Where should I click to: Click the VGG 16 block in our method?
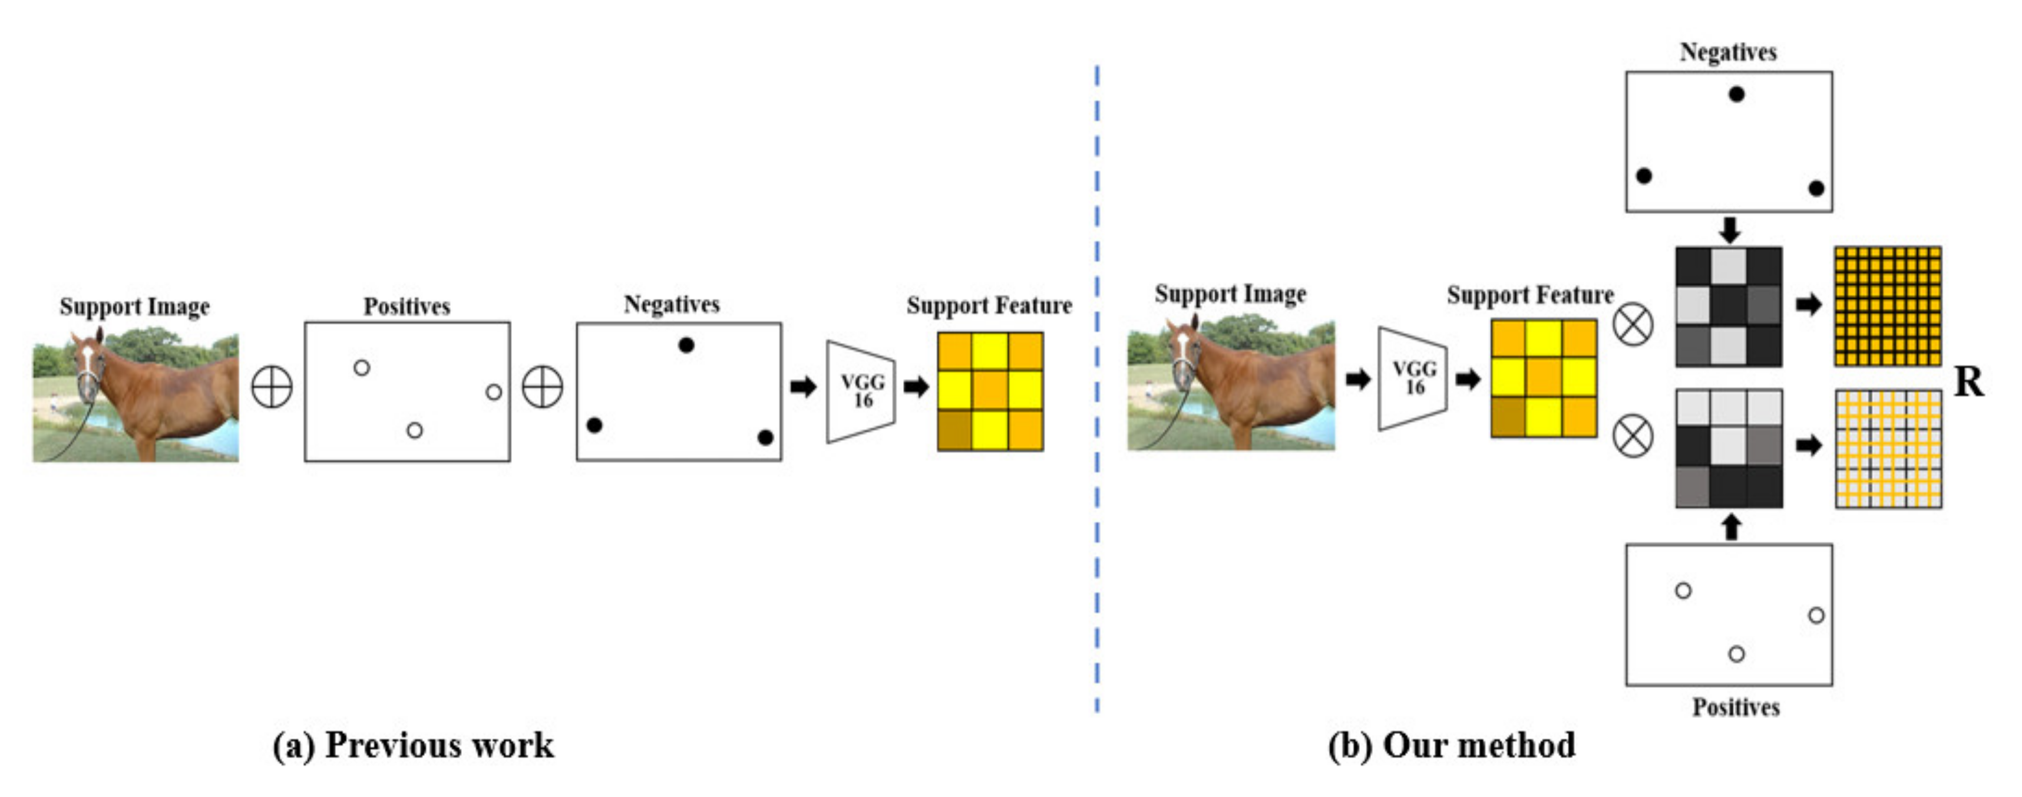1413,378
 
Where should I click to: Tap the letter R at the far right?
1968,383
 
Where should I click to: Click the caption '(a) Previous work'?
413,745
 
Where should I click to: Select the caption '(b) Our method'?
1451,745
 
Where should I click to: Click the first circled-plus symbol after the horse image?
272,387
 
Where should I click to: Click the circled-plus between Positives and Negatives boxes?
543,387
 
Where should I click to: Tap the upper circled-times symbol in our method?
1633,324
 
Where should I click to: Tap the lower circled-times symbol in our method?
1633,437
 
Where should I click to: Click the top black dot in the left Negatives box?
686,345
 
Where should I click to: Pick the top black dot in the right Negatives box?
1736,94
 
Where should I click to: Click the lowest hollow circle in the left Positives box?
414,430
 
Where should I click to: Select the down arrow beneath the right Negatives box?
1729,230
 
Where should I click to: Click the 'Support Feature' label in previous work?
989,305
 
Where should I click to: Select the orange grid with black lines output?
1887,306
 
